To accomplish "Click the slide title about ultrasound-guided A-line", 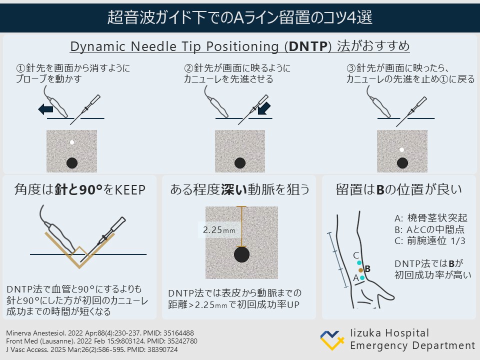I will point(240,18).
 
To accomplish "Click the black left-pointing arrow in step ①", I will point(45,108).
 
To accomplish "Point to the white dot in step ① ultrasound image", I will point(72,142).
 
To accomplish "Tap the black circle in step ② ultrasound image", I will point(240,162).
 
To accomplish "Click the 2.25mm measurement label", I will point(218,231).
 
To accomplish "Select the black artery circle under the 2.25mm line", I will point(242,254).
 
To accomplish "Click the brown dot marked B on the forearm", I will point(360,270).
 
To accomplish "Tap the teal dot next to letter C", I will point(359,262).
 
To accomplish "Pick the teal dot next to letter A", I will point(362,277).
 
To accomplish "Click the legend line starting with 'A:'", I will point(430,218).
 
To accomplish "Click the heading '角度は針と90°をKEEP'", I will point(79,189).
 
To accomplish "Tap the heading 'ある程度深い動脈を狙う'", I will point(239,189).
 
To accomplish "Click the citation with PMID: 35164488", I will point(99,333).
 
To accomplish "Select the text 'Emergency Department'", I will point(412,345).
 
